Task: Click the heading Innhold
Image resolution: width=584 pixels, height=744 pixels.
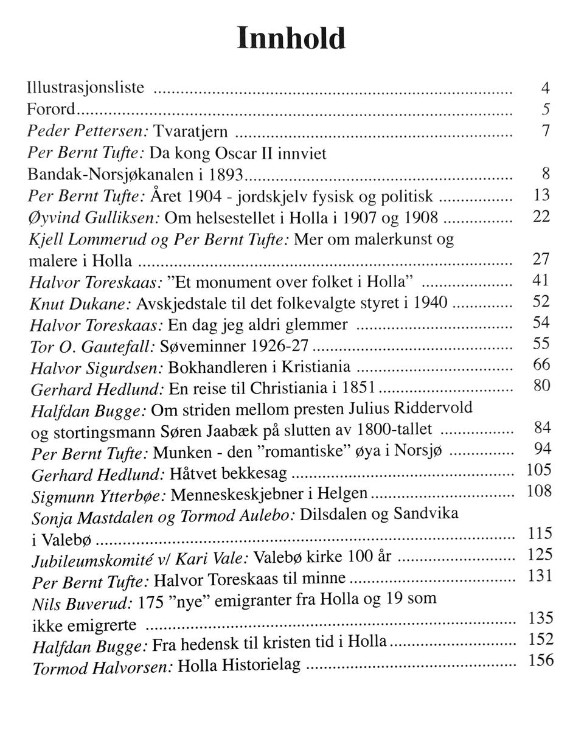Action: (291, 38)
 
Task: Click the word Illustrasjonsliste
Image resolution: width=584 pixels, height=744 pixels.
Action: (86, 88)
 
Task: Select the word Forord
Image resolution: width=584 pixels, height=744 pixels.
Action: (51, 110)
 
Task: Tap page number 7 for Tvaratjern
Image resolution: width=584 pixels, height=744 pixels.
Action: (546, 131)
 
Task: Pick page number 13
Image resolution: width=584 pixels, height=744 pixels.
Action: (541, 195)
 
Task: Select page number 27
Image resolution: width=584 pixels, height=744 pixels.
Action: (541, 260)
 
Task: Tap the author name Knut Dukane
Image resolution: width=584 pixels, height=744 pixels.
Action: (80, 303)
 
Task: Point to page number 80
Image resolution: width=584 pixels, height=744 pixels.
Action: (541, 386)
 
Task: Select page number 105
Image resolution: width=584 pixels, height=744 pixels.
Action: (539, 470)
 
